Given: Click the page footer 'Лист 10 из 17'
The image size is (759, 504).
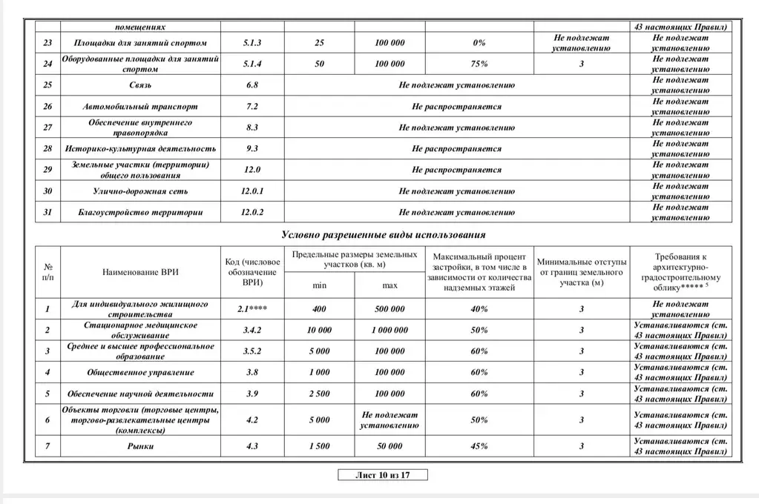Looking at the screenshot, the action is (383, 476).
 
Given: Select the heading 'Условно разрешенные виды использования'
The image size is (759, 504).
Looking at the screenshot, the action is (383, 235).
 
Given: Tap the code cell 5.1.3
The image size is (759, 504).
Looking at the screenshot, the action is (252, 43).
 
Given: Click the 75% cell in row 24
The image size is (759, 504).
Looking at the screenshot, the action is (479, 64).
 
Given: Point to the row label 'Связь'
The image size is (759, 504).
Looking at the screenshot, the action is (139, 85).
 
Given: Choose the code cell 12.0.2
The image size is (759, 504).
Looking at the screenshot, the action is (252, 213).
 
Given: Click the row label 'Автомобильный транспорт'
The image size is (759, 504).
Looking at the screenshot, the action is (139, 107).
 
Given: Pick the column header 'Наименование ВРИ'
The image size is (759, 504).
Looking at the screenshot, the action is (139, 272).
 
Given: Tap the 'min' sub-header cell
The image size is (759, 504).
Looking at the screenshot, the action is (319, 285).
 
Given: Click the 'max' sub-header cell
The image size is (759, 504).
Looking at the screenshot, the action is (390, 285).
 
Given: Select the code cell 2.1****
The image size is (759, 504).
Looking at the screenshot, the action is (252, 309).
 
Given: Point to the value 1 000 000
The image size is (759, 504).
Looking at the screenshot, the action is (390, 330).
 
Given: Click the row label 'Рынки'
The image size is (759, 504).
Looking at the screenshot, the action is (139, 446).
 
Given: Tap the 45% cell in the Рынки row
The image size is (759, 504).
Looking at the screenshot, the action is (479, 446).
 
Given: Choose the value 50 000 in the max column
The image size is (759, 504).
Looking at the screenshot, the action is (390, 446).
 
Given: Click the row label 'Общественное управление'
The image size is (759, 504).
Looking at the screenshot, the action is (139, 372).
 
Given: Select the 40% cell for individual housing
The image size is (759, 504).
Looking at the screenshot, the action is (479, 309).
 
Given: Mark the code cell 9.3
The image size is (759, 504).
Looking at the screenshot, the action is (252, 149).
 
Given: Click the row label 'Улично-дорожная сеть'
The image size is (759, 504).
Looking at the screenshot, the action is (139, 191).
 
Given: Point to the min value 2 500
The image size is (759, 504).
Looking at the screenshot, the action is (319, 394).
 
